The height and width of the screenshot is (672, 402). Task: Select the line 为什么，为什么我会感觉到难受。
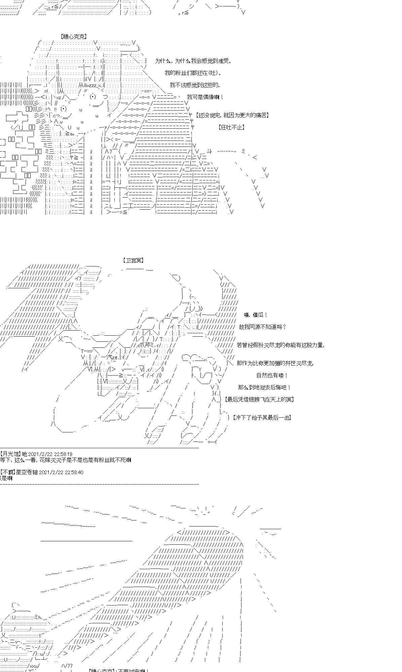click(193, 61)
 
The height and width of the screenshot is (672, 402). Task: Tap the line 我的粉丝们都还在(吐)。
click(193, 73)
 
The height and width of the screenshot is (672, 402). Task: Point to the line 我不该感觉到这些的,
click(195, 85)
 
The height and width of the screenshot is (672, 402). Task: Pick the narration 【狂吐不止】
click(231, 127)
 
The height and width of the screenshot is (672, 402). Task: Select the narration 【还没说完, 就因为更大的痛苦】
click(232, 115)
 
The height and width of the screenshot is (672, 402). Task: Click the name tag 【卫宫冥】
click(133, 260)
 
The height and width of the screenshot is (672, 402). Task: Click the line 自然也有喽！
click(272, 375)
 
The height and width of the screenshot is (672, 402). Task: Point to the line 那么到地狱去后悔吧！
click(264, 387)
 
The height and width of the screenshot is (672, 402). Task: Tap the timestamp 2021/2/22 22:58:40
click(61, 472)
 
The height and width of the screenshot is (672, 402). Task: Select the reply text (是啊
click(6, 478)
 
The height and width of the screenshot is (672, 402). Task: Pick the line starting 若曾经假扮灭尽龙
click(280, 345)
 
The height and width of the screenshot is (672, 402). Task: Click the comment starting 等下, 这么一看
click(66, 460)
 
